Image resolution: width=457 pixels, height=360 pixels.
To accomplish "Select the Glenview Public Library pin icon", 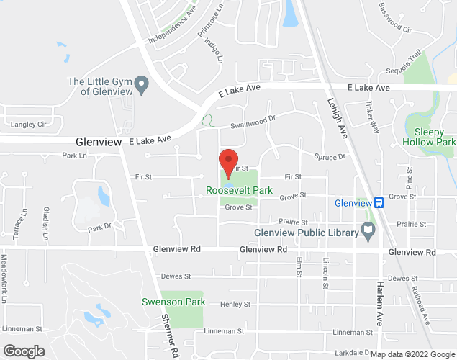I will click(x=368, y=232).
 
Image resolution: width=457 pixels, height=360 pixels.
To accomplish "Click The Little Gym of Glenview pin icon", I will click(x=142, y=86).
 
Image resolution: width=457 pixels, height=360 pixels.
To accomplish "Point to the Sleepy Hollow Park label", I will click(x=435, y=137).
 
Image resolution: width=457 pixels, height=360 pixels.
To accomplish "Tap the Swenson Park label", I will click(x=184, y=302).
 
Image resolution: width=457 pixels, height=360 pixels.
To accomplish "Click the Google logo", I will click(x=23, y=351).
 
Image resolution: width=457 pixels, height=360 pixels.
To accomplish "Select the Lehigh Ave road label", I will click(x=337, y=118).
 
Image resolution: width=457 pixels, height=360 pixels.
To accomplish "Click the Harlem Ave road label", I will click(x=379, y=302).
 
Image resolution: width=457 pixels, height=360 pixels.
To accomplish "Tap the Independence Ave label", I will click(x=172, y=24).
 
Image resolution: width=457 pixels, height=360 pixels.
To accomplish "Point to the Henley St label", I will click(x=235, y=305).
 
